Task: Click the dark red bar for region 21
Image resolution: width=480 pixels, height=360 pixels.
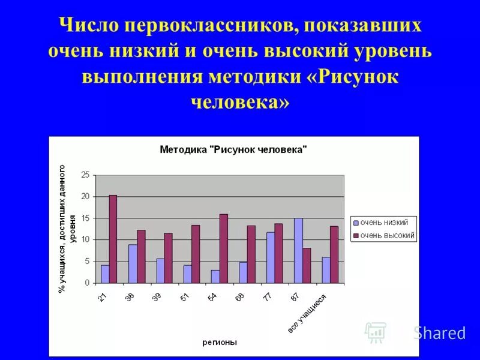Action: click(113, 239)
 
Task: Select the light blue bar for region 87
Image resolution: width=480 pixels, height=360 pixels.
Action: click(298, 251)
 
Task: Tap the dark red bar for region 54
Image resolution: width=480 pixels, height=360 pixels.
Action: click(224, 248)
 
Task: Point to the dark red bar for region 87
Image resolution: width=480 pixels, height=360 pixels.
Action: click(307, 265)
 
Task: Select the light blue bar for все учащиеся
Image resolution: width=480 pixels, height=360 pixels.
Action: click(326, 270)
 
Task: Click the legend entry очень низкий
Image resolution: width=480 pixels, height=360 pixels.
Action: click(383, 223)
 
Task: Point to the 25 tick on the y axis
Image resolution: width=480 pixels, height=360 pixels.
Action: click(85, 175)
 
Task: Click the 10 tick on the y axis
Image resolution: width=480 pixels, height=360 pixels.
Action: click(85, 240)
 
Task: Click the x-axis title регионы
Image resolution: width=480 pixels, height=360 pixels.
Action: click(219, 343)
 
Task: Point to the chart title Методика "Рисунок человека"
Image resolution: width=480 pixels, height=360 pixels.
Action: click(233, 150)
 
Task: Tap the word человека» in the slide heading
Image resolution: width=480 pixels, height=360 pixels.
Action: click(240, 101)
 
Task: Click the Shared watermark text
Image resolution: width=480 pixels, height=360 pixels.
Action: click(439, 333)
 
